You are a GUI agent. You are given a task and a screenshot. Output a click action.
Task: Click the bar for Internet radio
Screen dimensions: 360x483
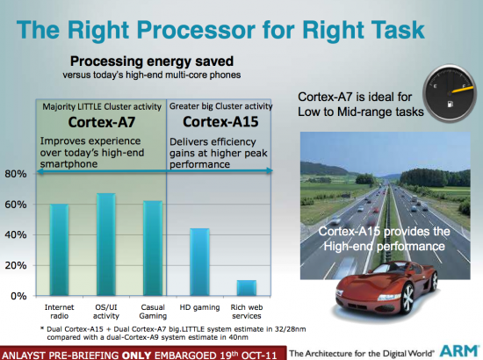pyautogui.click(x=58, y=250)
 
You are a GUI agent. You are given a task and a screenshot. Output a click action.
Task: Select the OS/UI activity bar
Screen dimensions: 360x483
pyautogui.click(x=105, y=245)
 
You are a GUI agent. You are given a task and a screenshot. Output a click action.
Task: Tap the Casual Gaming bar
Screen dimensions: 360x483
pyautogui.click(x=153, y=248)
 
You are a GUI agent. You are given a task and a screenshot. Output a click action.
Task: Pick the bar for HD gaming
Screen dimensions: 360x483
pyautogui.click(x=200, y=263)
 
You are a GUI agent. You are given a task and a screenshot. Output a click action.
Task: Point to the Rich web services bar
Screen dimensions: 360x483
pyautogui.click(x=248, y=288)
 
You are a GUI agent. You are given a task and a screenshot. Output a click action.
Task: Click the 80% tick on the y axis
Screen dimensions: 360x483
pyautogui.click(x=15, y=174)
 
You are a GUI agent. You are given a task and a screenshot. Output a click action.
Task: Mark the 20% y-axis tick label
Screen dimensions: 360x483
pyautogui.click(x=15, y=265)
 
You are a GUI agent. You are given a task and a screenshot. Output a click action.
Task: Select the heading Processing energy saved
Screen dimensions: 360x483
pyautogui.click(x=152, y=63)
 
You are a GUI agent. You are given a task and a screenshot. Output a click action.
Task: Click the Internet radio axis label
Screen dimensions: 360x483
pyautogui.click(x=58, y=312)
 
